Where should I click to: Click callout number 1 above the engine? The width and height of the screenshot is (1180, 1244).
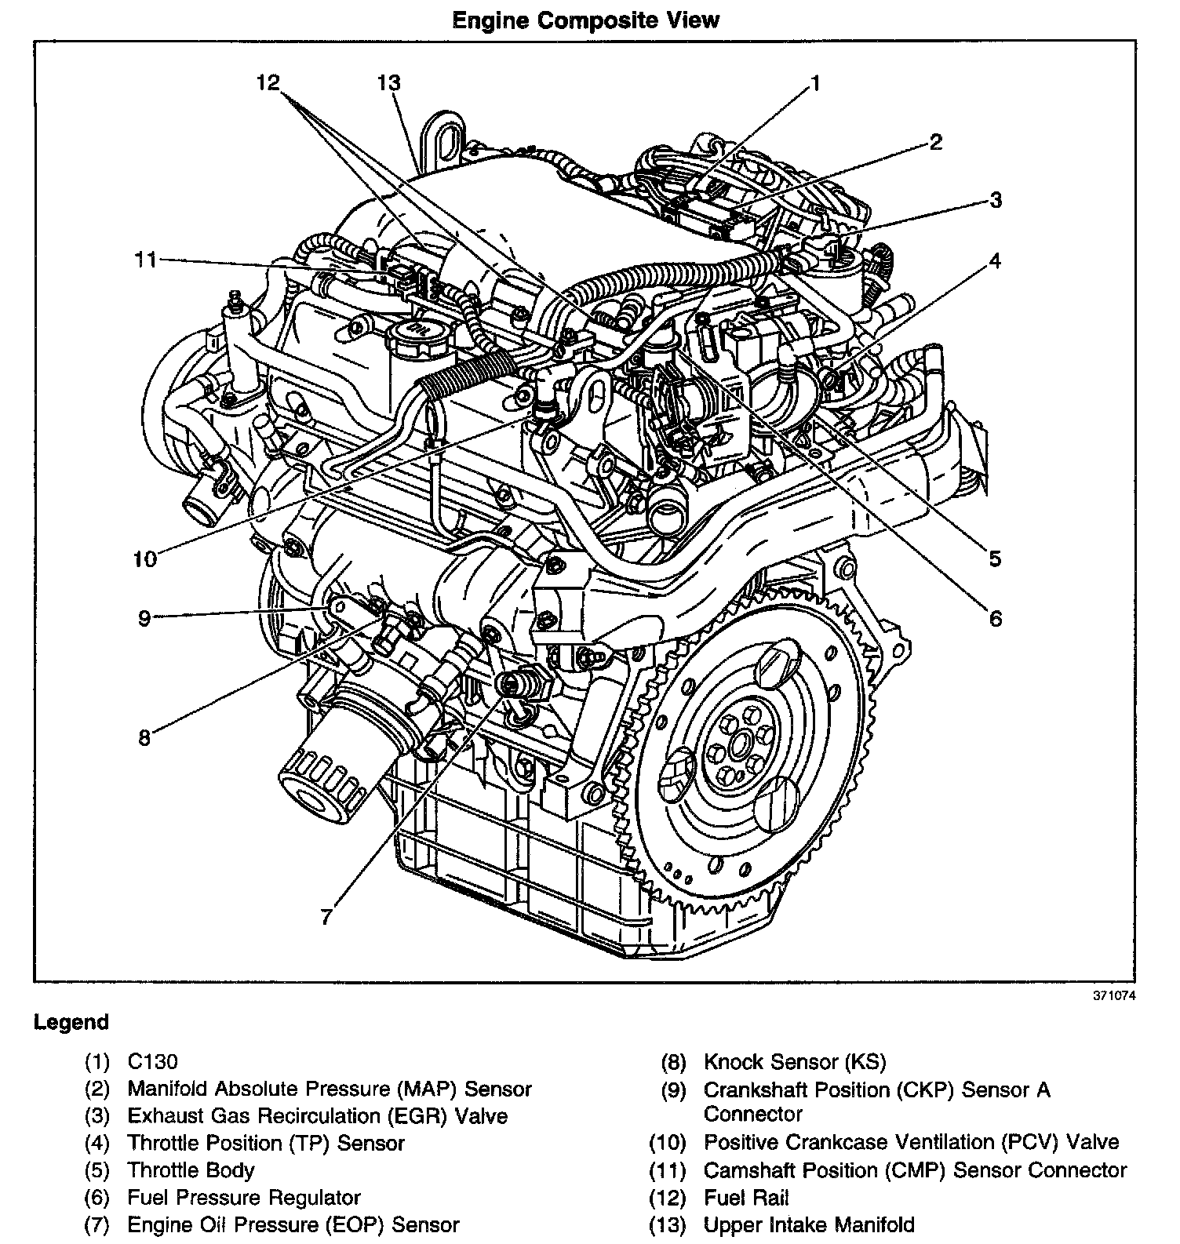815,83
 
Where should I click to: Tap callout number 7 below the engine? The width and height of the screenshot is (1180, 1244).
327,916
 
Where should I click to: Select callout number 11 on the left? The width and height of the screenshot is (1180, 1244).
146,259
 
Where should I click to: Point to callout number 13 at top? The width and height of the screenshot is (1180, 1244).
388,82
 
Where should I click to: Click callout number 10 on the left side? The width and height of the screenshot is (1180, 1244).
145,558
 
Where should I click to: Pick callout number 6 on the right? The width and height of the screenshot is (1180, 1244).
995,619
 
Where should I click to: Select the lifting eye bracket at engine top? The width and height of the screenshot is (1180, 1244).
443,141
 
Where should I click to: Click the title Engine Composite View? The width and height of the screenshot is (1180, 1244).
585,20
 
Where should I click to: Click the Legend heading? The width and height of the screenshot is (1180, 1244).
71,1022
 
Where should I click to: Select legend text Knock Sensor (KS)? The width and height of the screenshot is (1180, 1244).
794,1062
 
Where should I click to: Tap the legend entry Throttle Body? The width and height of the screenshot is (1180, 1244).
191,1170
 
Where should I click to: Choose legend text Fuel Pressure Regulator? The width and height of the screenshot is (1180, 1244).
244,1198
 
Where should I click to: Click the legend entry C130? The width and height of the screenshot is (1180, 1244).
153,1062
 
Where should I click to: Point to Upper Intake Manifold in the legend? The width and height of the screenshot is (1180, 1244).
809,1224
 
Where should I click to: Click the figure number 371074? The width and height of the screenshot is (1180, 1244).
1114,996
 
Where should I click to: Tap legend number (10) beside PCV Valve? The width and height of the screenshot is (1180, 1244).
667,1143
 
